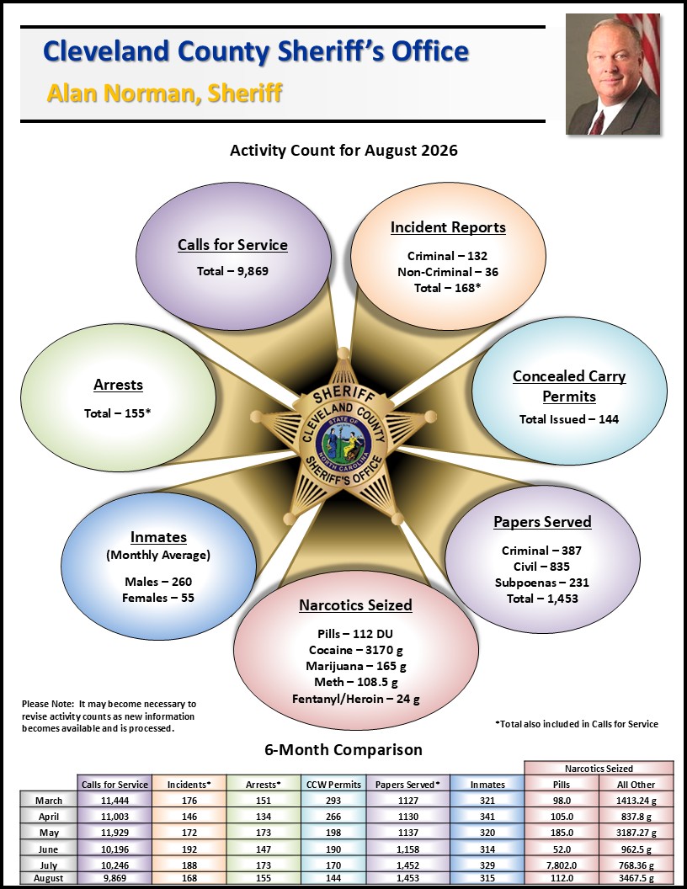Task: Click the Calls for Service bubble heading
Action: click(x=232, y=245)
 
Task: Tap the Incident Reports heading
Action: click(x=448, y=227)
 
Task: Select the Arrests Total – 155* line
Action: click(x=117, y=413)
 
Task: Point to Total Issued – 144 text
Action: click(x=569, y=419)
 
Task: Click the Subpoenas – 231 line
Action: click(x=542, y=583)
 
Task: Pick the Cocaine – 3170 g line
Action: click(x=356, y=650)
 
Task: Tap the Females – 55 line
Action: click(x=158, y=599)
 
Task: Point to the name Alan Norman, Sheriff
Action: click(x=165, y=93)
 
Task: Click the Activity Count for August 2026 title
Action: click(x=343, y=151)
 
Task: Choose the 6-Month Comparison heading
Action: click(x=343, y=750)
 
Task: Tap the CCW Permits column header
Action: click(x=333, y=785)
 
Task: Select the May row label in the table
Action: click(x=49, y=833)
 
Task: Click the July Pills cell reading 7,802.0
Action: click(x=562, y=865)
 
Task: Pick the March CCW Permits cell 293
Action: click(x=333, y=801)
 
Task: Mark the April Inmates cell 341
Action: click(x=487, y=817)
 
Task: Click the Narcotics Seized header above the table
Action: click(x=599, y=769)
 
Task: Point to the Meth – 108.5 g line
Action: click(x=356, y=682)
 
